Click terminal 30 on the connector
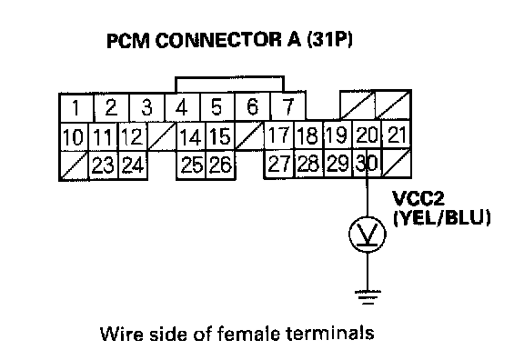[367, 164]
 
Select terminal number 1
[76, 108]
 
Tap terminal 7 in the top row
[287, 107]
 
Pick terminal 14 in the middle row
[191, 136]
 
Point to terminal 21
[396, 135]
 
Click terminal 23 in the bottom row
[104, 165]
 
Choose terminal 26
[220, 165]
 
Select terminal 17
[279, 135]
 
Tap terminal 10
[74, 137]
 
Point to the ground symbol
[368, 297]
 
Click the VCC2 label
[418, 198]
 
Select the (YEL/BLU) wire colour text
[442, 218]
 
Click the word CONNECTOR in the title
[219, 40]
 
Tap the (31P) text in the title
[329, 40]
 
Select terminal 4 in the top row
[183, 107]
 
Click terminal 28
[308, 164]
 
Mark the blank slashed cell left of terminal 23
[75, 165]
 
